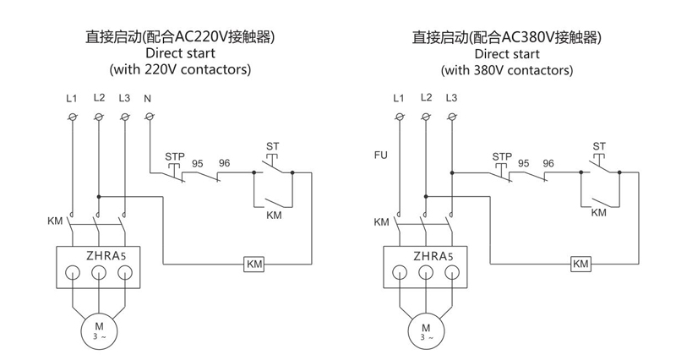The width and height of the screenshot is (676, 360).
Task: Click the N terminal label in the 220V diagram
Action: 148,99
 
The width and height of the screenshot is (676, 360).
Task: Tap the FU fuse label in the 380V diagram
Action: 381,155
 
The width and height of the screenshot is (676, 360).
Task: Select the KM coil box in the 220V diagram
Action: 254,265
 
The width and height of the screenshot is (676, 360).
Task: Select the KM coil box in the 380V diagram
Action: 581,265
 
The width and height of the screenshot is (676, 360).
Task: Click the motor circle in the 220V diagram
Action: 99,329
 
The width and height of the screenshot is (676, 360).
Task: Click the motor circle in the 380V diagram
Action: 425,329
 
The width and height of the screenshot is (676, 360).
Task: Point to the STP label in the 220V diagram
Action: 175,157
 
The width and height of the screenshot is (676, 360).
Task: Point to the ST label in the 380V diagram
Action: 599,146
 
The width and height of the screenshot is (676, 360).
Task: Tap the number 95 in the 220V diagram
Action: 198,163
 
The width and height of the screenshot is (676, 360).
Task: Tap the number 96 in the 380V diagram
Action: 548,163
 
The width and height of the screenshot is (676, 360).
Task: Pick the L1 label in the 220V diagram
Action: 72,99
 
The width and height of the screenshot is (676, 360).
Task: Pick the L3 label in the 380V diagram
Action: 451,98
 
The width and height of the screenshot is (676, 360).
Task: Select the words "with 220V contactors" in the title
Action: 180,70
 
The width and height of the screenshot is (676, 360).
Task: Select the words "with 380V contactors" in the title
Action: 506,70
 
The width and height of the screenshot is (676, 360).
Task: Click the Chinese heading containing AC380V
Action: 506,36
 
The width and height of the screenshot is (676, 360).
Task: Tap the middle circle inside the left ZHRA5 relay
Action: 99,272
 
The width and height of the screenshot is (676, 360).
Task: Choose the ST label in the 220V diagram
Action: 272,146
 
